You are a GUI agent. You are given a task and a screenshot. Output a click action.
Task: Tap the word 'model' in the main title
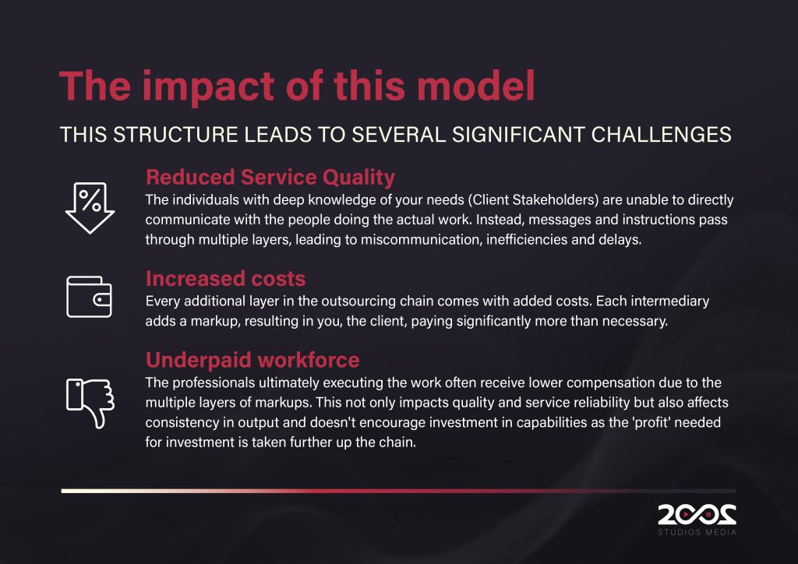coord(476,85)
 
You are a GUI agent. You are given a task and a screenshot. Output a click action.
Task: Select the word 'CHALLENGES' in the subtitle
coord(661,135)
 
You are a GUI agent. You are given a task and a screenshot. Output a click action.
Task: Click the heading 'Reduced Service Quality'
coord(270,178)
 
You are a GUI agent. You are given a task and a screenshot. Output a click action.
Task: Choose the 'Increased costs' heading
coord(225,279)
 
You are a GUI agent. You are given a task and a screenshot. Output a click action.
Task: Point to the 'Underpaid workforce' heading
coord(252,360)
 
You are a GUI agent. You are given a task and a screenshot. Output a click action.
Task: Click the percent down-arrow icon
coord(90,207)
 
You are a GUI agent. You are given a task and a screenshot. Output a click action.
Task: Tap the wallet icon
coord(89,297)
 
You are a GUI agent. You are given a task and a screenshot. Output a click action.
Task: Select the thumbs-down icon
coord(90,403)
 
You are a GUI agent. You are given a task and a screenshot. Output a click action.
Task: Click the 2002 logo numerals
coord(697,515)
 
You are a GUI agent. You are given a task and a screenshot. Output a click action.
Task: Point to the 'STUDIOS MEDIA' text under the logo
coord(697,532)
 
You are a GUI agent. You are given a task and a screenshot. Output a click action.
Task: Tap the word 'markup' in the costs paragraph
coord(214,322)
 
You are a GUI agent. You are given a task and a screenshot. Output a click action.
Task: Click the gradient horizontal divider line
coord(398,492)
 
